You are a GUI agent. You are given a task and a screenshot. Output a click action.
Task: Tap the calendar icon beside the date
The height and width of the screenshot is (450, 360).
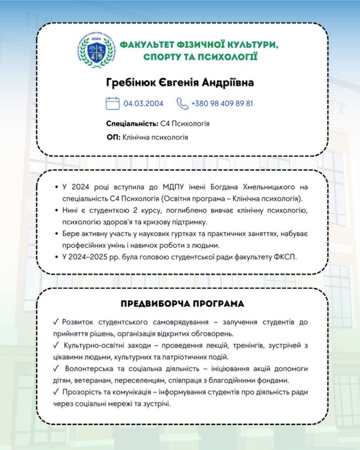tap(113, 103)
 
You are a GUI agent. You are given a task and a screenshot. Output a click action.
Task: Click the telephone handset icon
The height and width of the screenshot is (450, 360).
tap(183, 103)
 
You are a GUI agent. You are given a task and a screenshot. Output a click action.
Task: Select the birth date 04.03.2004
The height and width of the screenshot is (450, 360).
tap(143, 103)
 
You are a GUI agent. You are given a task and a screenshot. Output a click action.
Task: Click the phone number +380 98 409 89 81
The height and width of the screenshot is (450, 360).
tap(222, 103)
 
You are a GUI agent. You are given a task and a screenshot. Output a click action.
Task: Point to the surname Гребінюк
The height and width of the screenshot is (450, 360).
tap(129, 83)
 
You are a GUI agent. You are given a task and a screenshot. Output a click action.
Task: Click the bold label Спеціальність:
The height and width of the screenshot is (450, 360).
tap(132, 124)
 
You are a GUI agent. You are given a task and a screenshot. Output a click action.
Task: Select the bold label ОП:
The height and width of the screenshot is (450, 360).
tap(113, 137)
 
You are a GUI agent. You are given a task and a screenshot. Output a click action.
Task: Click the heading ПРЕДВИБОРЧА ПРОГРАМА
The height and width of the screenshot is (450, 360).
tap(182, 303)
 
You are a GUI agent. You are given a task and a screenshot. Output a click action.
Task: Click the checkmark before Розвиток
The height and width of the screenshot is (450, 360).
tap(56, 322)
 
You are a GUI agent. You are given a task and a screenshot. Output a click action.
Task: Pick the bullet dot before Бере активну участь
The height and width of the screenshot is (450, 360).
tap(56, 233)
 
